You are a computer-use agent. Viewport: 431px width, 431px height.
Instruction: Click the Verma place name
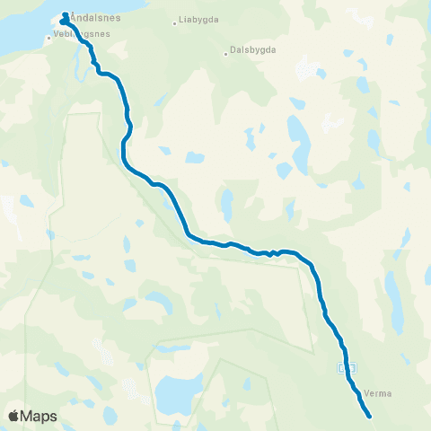(x=382, y=392)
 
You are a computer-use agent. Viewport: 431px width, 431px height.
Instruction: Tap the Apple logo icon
(x=15, y=416)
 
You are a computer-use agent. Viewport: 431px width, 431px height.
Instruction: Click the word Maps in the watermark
(x=41, y=416)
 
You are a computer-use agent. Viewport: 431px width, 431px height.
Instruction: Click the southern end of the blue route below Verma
(x=370, y=415)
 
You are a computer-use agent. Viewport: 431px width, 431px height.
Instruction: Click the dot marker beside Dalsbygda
(x=226, y=52)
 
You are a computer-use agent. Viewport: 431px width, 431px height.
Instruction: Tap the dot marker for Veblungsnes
(x=48, y=38)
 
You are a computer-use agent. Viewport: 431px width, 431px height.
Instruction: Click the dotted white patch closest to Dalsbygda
(x=305, y=67)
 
